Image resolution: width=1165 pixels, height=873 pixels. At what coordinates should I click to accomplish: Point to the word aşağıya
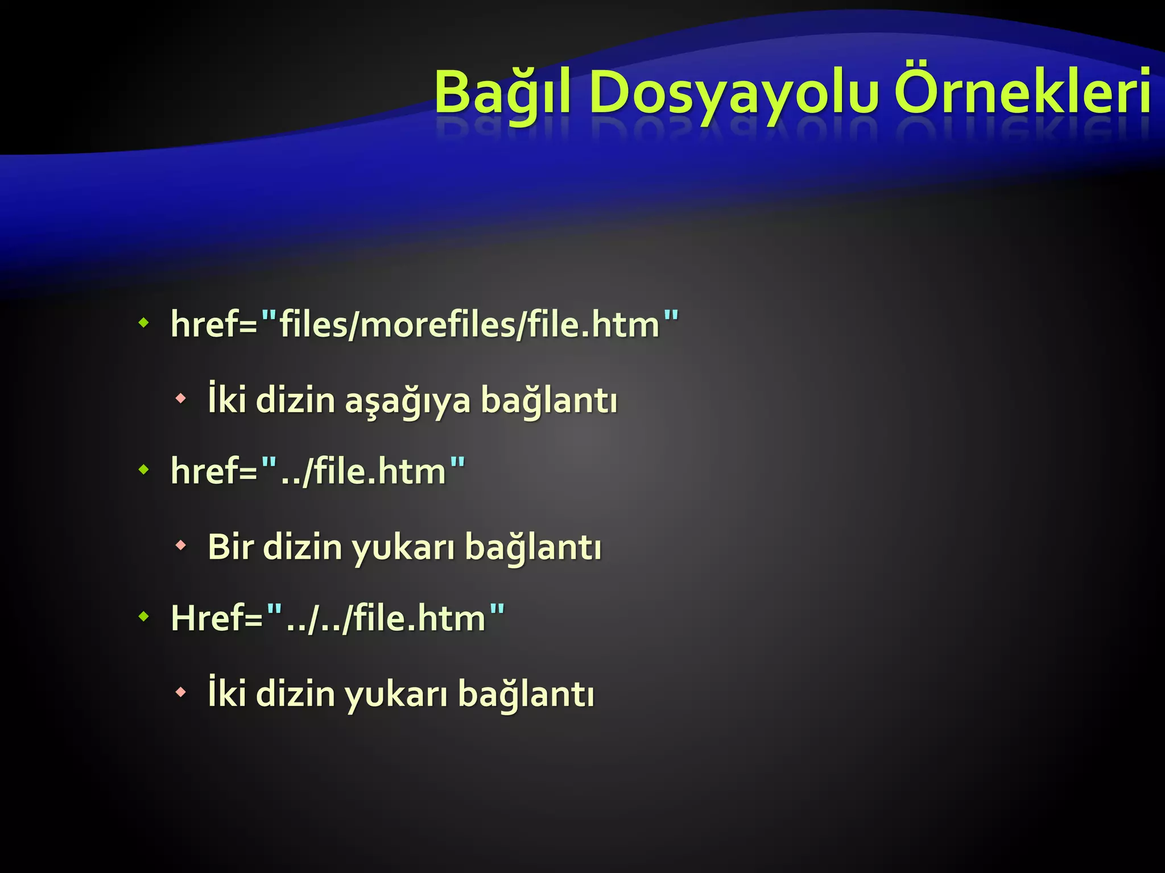click(408, 401)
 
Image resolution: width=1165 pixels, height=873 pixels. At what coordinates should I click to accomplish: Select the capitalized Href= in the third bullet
click(217, 618)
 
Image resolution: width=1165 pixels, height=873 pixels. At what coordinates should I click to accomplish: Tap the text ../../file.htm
click(386, 618)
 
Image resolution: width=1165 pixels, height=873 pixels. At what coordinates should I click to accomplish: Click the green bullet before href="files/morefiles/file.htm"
click(144, 323)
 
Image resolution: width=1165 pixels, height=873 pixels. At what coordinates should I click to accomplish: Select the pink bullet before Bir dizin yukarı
click(181, 546)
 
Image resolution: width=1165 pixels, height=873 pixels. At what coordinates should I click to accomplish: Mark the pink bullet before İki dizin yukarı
click(181, 692)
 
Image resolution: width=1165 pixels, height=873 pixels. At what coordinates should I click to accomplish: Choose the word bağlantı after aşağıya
click(549, 400)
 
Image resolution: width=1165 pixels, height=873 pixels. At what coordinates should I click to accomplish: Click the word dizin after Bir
click(302, 547)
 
